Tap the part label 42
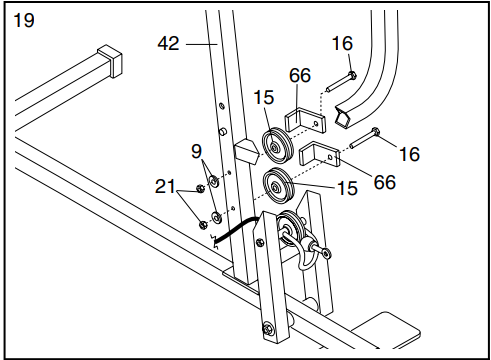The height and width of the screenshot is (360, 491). (x=170, y=44)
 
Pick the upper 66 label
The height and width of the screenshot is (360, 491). (x=300, y=77)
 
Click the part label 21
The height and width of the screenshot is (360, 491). (x=166, y=185)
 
